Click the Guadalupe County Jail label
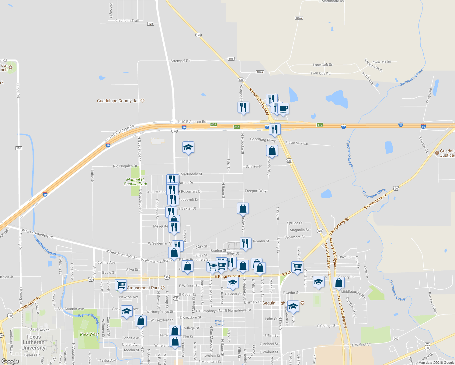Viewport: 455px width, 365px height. pyautogui.click(x=118, y=101)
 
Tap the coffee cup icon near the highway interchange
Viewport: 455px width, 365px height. pyautogui.click(x=283, y=109)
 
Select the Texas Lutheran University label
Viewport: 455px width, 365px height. pyautogui.click(x=33, y=342)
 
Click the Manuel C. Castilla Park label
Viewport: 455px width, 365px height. pyautogui.click(x=135, y=182)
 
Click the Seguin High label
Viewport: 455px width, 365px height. pyautogui.click(x=274, y=303)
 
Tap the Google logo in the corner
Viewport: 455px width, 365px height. pyautogui.click(x=10, y=361)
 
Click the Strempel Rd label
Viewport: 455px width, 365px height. pyautogui.click(x=180, y=61)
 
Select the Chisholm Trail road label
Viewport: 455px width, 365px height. pyautogui.click(x=127, y=21)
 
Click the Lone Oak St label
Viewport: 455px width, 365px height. pyautogui.click(x=322, y=65)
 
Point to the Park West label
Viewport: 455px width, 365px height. pyautogui.click(x=89, y=334)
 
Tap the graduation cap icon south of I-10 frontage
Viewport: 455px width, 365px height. pyautogui.click(x=188, y=147)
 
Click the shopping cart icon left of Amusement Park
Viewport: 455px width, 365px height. pyautogui.click(x=121, y=285)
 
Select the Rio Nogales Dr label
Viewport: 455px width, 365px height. pyautogui.click(x=125, y=166)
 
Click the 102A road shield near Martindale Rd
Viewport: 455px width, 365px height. pyautogui.click(x=299, y=18)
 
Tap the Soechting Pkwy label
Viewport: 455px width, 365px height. pyautogui.click(x=263, y=140)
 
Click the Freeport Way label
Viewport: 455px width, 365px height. pyautogui.click(x=255, y=191)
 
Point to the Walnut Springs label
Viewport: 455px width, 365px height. pyautogui.click(x=220, y=322)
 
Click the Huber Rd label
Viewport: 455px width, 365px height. pyautogui.click(x=18, y=90)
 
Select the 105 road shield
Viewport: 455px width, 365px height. pyautogui.click(x=19, y=148)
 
